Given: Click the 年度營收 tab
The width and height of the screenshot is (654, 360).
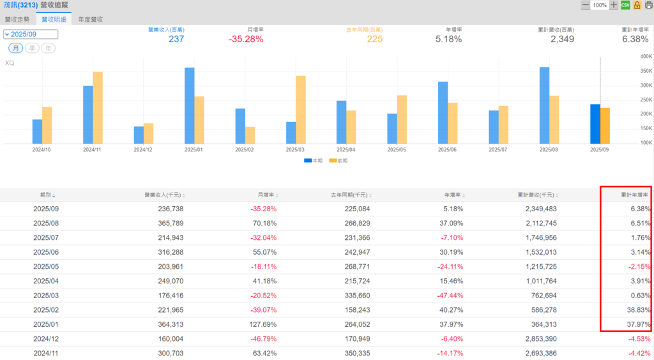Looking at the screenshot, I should point(90,19).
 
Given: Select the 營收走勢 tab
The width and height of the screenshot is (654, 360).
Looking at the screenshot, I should point(17,19).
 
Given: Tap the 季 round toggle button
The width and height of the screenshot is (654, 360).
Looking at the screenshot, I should point(33,49).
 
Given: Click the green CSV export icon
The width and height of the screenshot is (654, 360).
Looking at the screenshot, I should point(625,5).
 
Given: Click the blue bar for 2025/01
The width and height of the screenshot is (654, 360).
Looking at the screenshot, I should point(190,105).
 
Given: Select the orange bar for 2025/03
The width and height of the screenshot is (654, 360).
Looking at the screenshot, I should point(301,109).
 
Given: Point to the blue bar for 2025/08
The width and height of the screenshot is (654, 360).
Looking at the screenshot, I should point(544,105).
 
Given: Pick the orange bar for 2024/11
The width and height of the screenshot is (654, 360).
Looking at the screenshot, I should point(98,107).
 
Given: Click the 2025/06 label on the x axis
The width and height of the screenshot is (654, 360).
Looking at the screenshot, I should point(448,149).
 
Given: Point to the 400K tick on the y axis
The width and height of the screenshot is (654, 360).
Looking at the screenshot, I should point(646,56).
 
